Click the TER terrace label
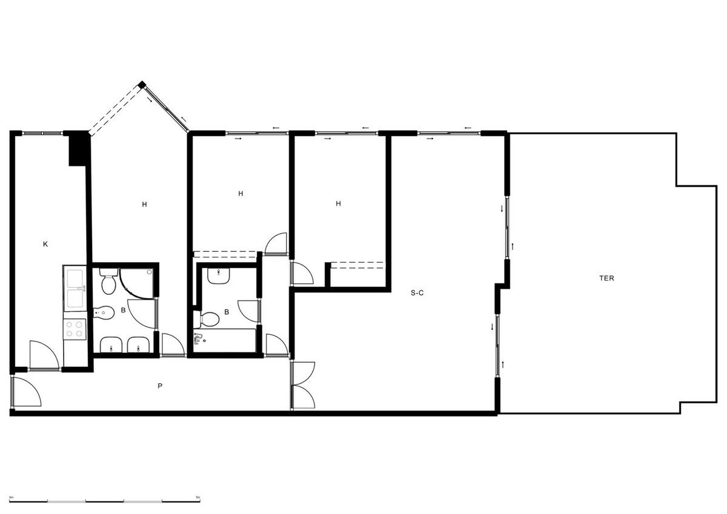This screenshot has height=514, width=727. pos(606,278)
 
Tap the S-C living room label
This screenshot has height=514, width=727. pos(417,293)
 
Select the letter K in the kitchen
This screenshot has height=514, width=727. pos(45,245)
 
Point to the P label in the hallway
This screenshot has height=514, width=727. pos(160,386)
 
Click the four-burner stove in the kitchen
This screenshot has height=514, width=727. pos(75,329)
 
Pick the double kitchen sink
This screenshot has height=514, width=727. pos(75,288)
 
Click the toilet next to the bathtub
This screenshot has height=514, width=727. pos(209,318)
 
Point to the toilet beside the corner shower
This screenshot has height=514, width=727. pos(109,283)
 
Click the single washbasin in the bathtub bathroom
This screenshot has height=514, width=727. pos(217,276)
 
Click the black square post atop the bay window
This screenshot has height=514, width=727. pos(142,85)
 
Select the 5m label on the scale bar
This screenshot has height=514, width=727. pos(198,496)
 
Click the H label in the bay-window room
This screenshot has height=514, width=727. pos(144,205)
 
